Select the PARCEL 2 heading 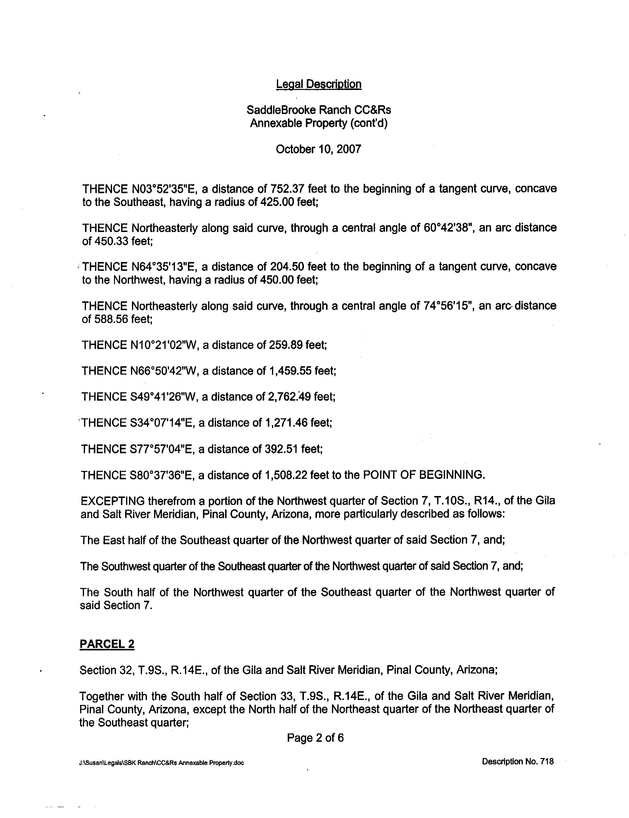pos(107,644)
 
